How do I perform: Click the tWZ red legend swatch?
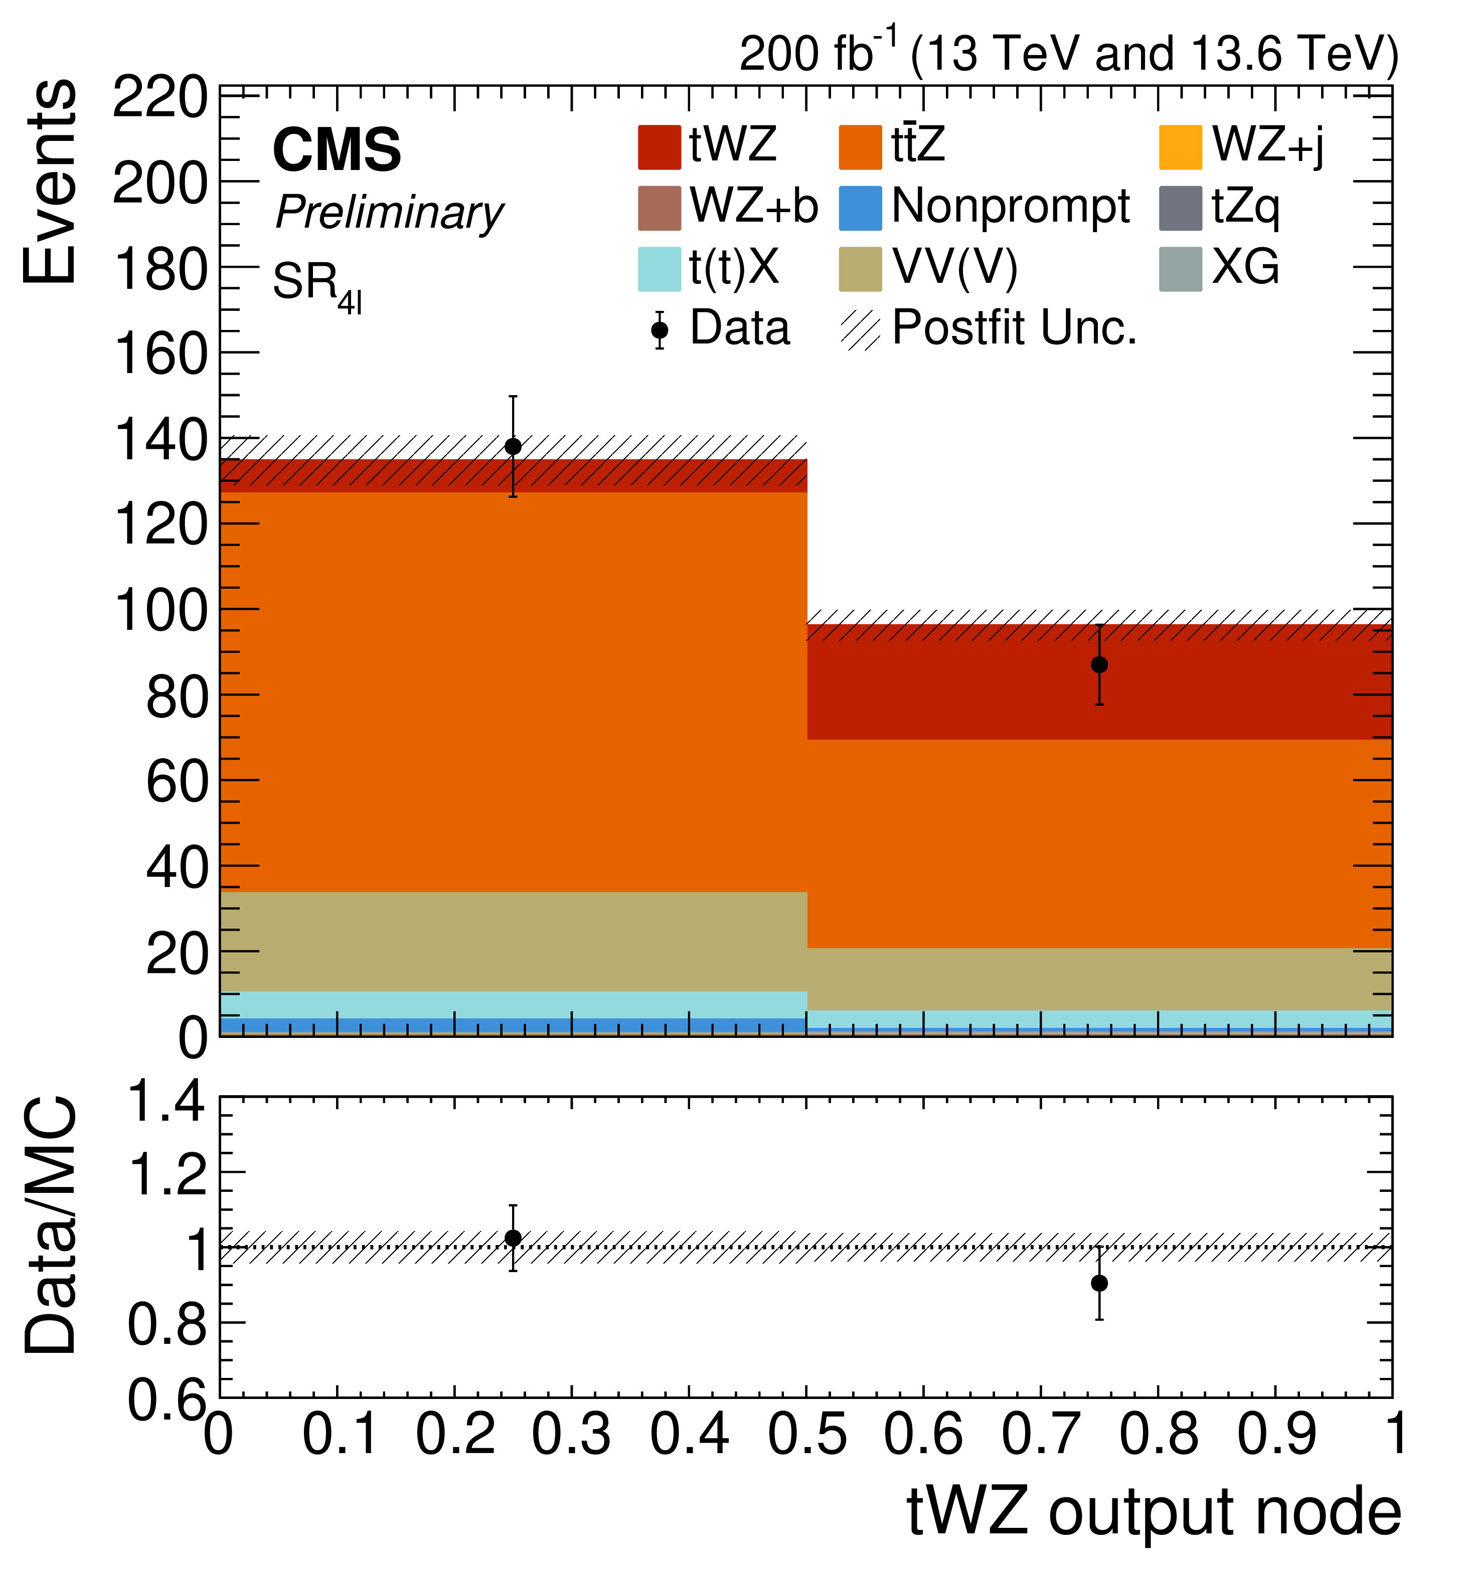click(x=659, y=147)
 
